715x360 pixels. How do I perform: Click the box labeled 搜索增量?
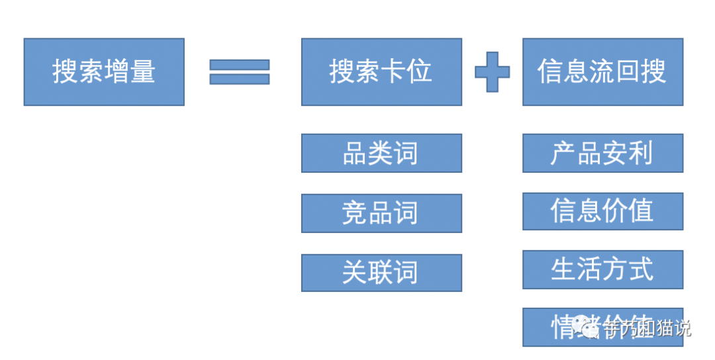pyautogui.click(x=104, y=71)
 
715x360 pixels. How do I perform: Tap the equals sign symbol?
pyautogui.click(x=239, y=71)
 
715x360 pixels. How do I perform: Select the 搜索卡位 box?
pyautogui.click(x=381, y=71)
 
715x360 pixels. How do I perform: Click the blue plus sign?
pyautogui.click(x=493, y=71)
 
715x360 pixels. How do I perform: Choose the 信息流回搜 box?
pyautogui.click(x=602, y=71)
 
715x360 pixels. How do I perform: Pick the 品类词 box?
pyautogui.click(x=381, y=153)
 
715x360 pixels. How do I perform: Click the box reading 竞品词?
pyautogui.click(x=381, y=213)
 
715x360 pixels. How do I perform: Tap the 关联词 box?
pyautogui.click(x=381, y=273)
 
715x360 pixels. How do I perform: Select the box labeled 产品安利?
pyautogui.click(x=602, y=153)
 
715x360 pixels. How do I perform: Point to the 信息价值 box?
pyautogui.click(x=602, y=211)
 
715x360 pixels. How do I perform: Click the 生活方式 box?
pyautogui.click(x=602, y=269)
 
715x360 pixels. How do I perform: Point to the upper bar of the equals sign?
pyautogui.click(x=239, y=65)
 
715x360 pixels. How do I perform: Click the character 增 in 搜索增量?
pyautogui.click(x=117, y=71)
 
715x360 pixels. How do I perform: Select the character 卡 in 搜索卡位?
pyautogui.click(x=394, y=71)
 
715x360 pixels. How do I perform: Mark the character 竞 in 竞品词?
pyautogui.click(x=354, y=213)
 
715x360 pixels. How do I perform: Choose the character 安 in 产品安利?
pyautogui.click(x=615, y=153)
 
